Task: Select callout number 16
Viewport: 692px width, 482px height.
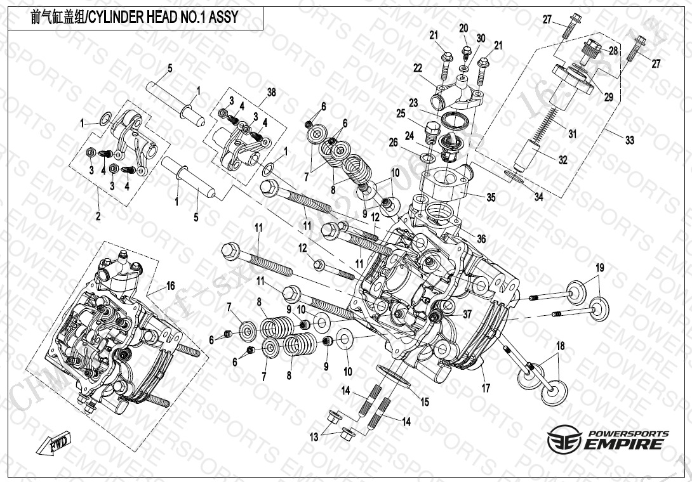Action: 170,286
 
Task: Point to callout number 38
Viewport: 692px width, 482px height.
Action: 271,93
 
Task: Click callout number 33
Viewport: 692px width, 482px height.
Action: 629,140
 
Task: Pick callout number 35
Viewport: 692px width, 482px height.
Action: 491,197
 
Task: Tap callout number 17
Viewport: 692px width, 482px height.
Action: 486,388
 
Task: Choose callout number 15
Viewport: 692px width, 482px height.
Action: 425,401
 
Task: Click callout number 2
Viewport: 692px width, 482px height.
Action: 98,217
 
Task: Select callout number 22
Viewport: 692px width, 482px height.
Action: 417,68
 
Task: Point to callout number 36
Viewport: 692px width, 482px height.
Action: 481,239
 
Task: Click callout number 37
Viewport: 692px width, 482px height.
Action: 467,314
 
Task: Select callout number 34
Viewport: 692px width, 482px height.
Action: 538,197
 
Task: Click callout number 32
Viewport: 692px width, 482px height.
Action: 562,160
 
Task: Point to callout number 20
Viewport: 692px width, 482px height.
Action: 463,28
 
